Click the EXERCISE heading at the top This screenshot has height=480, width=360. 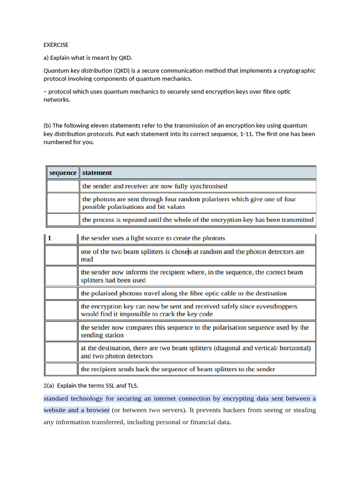point(56,45)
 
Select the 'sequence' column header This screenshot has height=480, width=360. point(63,172)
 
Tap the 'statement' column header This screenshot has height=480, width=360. point(97,172)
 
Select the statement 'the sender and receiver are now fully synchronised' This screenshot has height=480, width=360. point(155,186)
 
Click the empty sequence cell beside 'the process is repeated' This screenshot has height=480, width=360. point(63,219)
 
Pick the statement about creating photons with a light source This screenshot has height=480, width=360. point(153,238)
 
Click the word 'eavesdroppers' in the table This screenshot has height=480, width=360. point(277,306)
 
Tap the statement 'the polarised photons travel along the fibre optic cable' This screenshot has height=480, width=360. point(184,293)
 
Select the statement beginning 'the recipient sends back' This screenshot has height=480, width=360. point(178,369)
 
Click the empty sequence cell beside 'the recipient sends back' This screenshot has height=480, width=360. point(61,369)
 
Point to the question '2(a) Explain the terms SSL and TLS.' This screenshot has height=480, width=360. point(91,385)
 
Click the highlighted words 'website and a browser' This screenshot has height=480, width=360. point(76,410)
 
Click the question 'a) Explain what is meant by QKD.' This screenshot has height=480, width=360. point(88,58)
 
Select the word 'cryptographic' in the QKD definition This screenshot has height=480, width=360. point(294,71)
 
